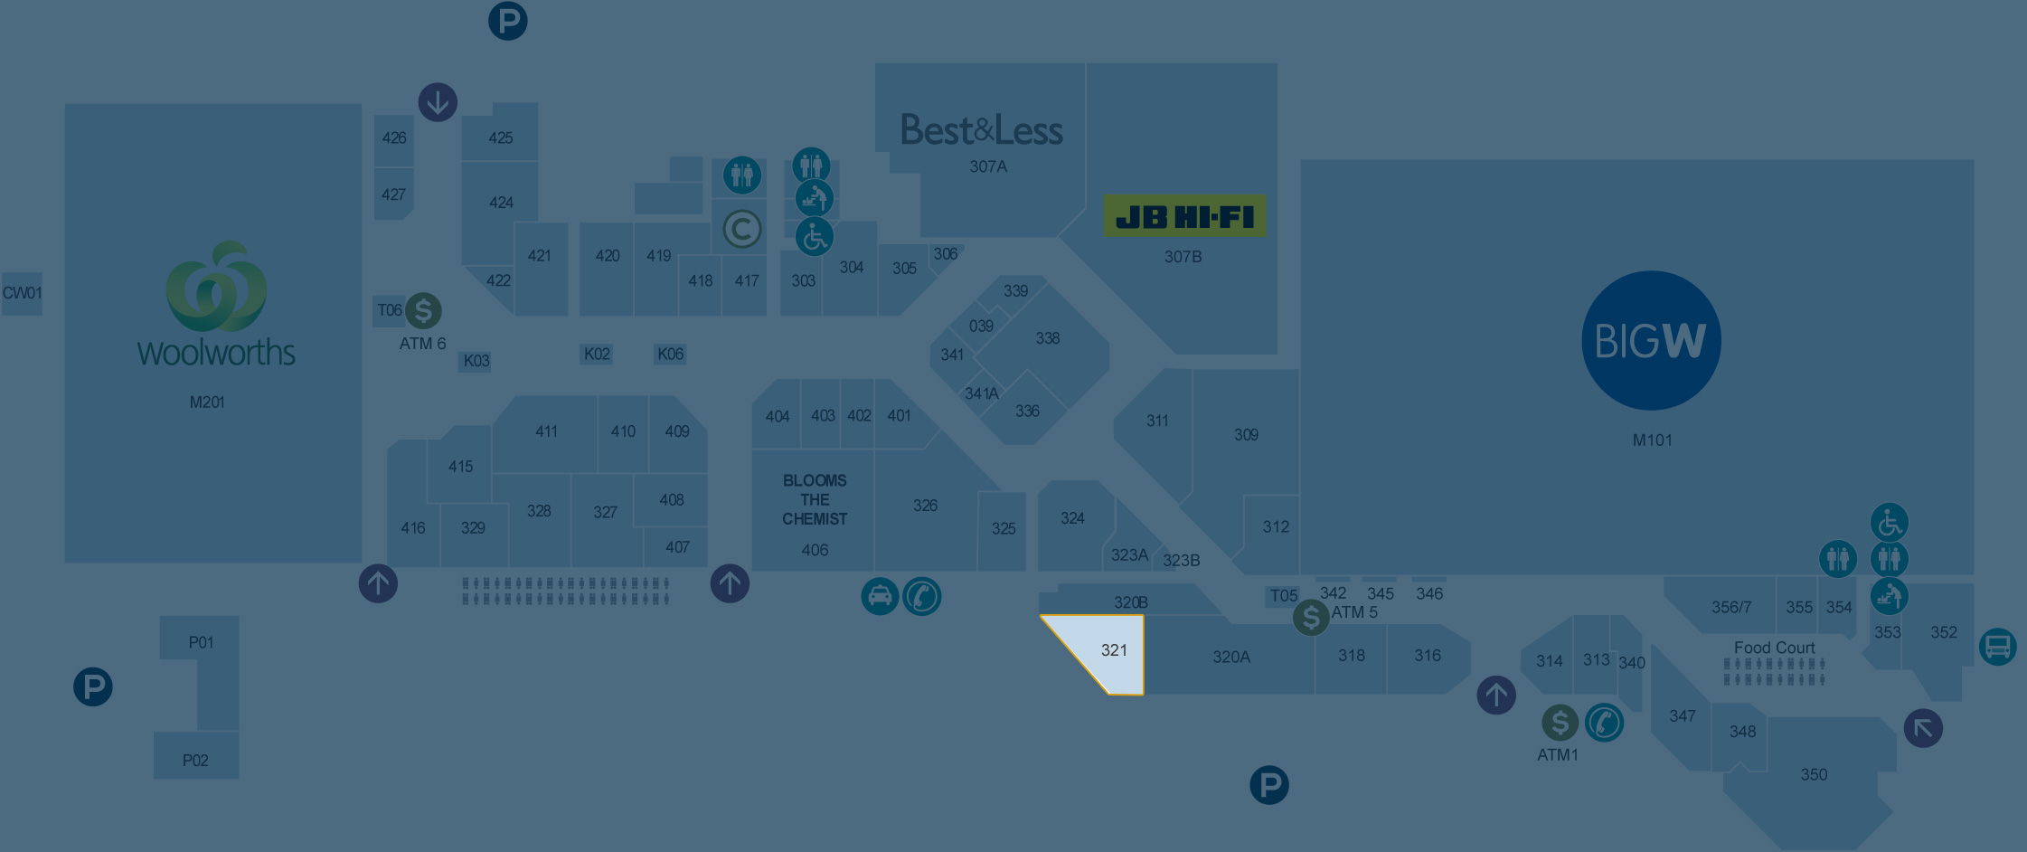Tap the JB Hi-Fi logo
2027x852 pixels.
pyautogui.click(x=1184, y=217)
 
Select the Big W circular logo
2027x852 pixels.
pyautogui.click(x=1651, y=341)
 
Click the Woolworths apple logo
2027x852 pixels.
pyautogui.click(x=217, y=287)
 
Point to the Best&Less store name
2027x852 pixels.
pyautogui.click(x=982, y=131)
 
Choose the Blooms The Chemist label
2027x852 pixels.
pyautogui.click(x=815, y=499)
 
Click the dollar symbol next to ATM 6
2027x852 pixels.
pyautogui.click(x=423, y=310)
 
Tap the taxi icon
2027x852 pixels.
pyautogui.click(x=880, y=597)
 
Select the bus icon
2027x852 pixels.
pyautogui.click(x=1997, y=647)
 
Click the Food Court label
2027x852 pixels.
pyautogui.click(x=1774, y=648)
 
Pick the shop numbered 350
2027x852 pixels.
pyautogui.click(x=1814, y=774)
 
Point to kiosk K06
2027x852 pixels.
pyautogui.click(x=670, y=354)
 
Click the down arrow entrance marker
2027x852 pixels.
pyautogui.click(x=438, y=102)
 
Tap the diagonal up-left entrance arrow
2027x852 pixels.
pyautogui.click(x=1923, y=728)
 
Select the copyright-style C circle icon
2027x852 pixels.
pyautogui.click(x=742, y=230)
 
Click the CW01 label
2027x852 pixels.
pyautogui.click(x=22, y=293)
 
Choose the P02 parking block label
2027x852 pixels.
pyautogui.click(x=195, y=760)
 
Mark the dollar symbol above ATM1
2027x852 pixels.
pyautogui.click(x=1560, y=723)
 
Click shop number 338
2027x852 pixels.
pyautogui.click(x=1048, y=338)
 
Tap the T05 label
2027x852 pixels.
pyautogui.click(x=1284, y=595)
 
